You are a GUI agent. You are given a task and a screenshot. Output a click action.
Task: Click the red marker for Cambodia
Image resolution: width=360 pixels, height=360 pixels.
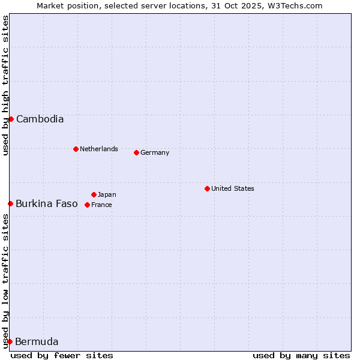click(11, 119)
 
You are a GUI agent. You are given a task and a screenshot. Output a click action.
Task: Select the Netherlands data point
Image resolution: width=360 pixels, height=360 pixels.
click(76, 149)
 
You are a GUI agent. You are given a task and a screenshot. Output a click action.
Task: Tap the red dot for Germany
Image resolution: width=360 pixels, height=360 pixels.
click(136, 152)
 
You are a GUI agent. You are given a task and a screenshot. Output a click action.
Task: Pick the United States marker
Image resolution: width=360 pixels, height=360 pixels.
click(207, 188)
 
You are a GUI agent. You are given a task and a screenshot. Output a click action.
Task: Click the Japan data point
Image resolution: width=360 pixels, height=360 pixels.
click(94, 194)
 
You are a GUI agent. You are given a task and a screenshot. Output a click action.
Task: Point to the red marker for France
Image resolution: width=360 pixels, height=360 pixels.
click(87, 205)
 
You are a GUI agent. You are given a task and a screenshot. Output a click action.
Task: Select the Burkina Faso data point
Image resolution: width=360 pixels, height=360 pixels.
click(10, 203)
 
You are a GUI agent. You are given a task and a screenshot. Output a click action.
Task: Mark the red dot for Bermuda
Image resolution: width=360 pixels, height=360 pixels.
click(10, 341)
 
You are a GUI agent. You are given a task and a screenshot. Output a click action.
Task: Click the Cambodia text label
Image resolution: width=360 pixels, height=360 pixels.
click(40, 119)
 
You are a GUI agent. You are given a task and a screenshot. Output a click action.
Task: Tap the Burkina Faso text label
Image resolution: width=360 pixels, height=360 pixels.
click(47, 203)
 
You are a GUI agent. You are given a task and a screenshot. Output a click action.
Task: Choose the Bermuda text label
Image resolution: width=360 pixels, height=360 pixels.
click(37, 342)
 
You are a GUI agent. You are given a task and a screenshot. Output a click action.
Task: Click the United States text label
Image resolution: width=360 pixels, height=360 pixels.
click(233, 188)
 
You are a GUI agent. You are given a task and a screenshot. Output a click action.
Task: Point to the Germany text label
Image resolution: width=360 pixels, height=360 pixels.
click(155, 152)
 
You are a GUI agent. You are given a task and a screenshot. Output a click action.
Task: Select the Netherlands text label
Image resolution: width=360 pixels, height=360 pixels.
click(99, 149)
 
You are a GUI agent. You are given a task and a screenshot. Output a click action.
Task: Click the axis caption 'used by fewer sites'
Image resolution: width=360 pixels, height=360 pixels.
click(62, 355)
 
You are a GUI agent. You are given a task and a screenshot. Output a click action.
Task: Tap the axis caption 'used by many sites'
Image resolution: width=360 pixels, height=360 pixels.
click(301, 355)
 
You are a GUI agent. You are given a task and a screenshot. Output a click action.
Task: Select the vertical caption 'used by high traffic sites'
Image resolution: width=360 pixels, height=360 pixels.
click(5, 85)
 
